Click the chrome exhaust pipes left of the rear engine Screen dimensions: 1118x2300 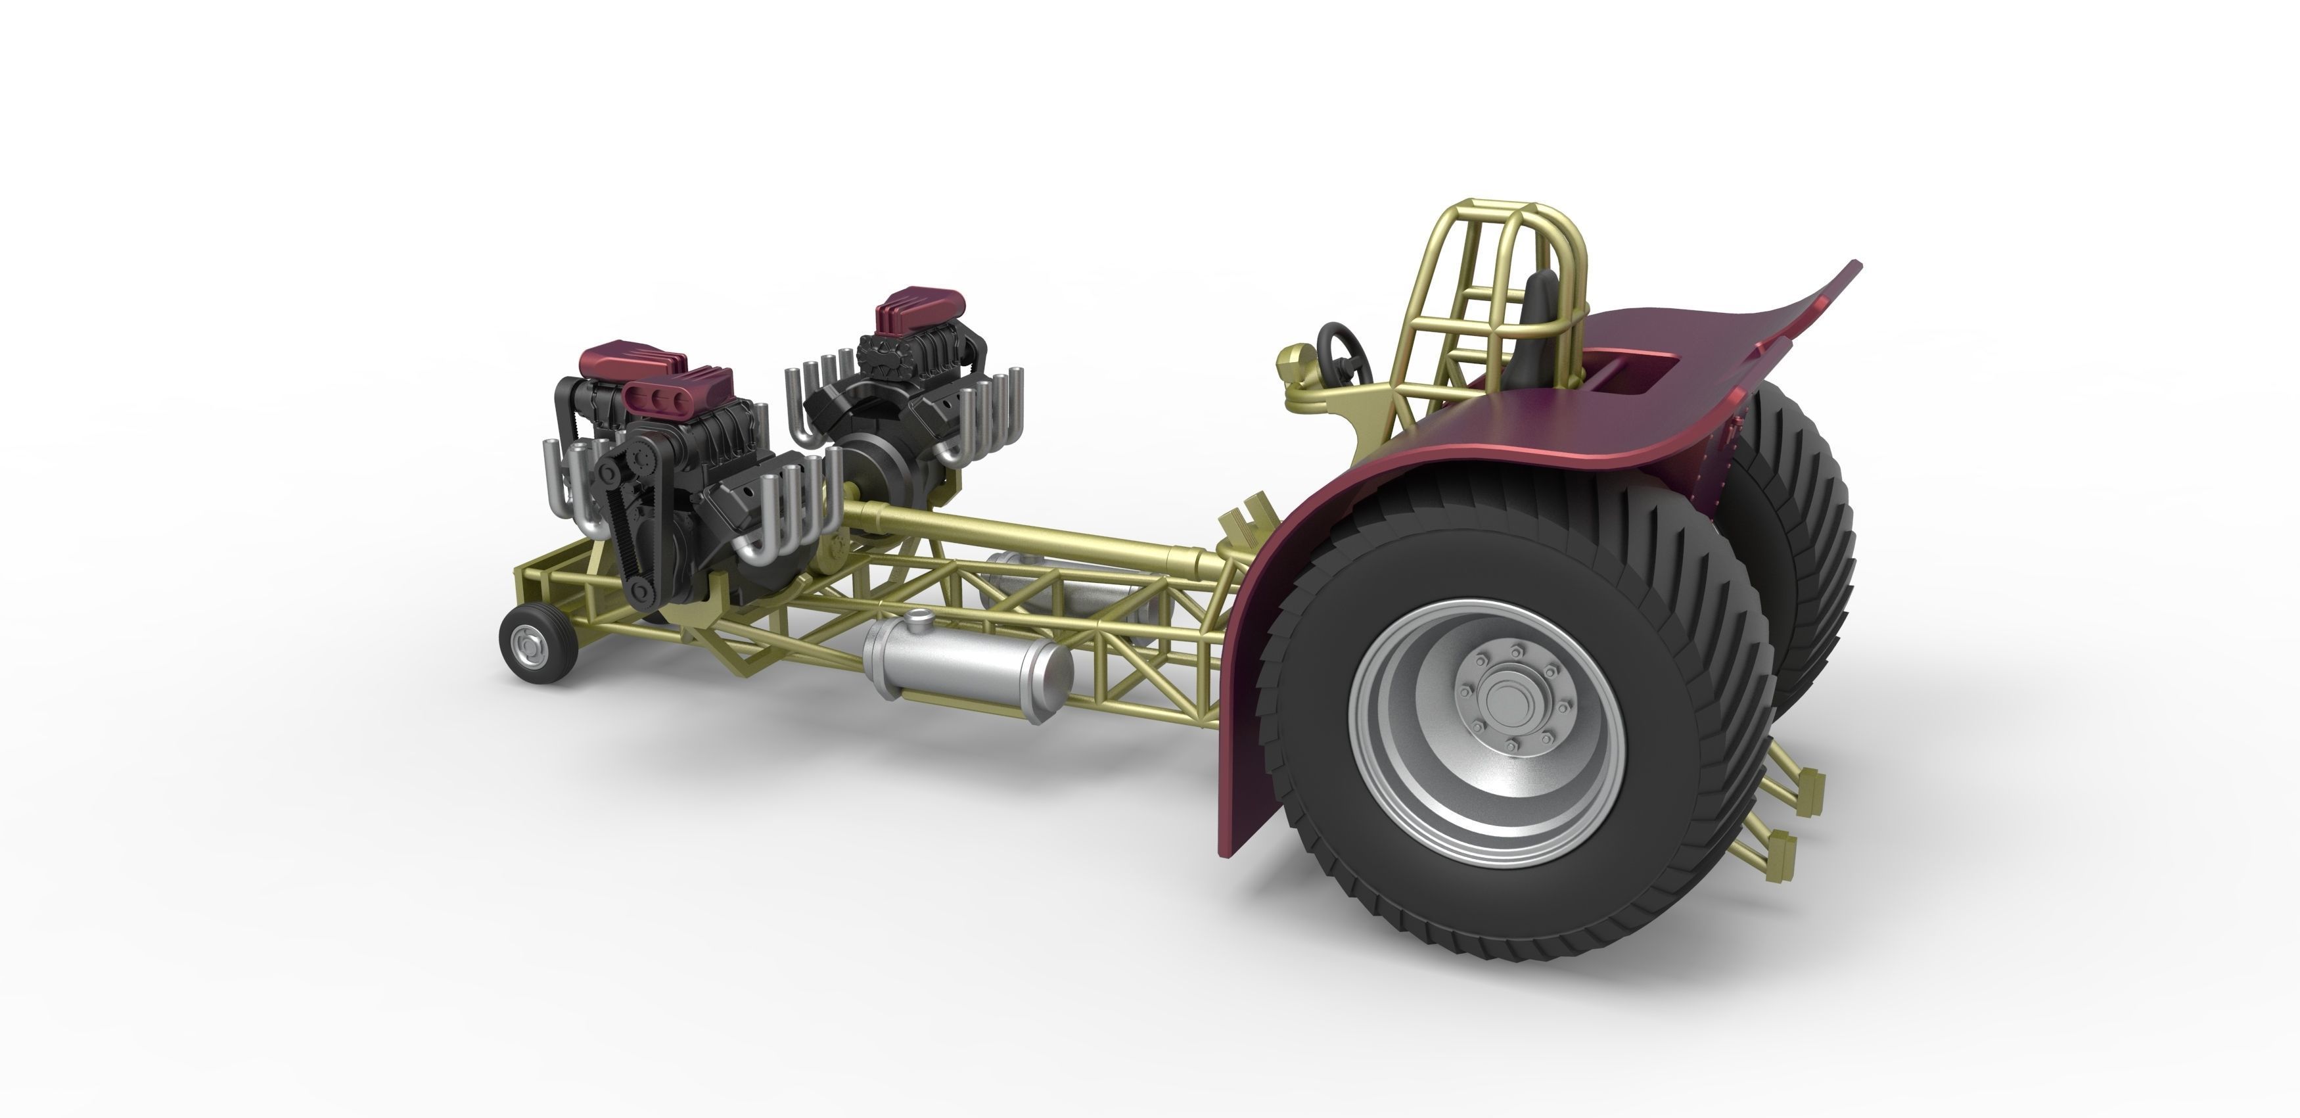[x=812, y=393]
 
